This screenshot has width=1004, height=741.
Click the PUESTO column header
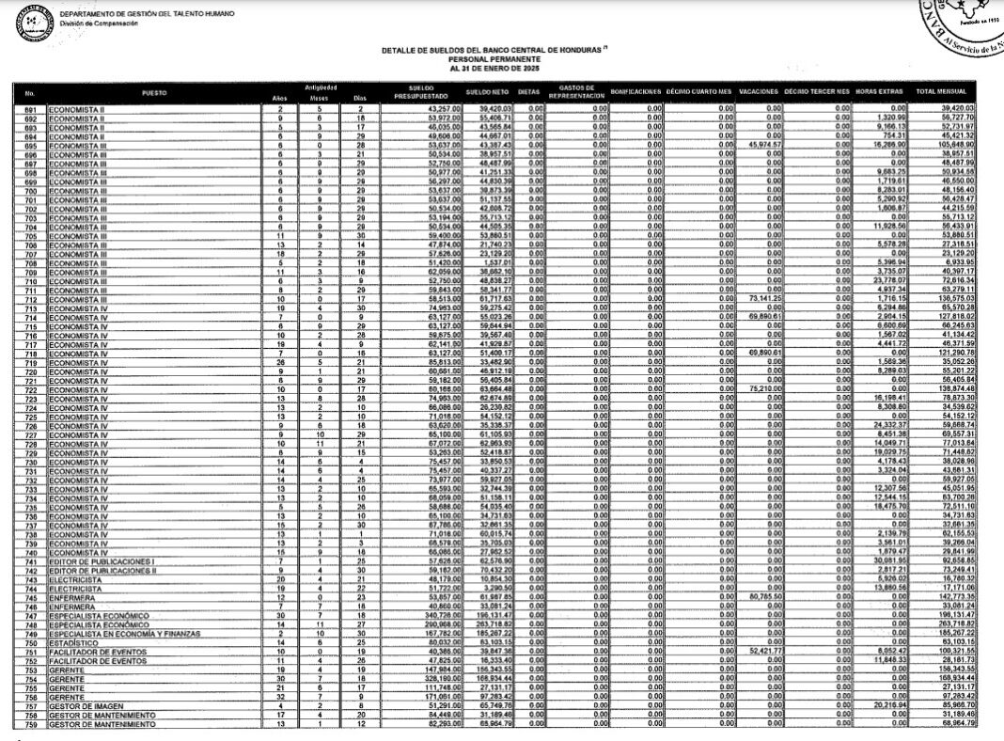pyautogui.click(x=154, y=93)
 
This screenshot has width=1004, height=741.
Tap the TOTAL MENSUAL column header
pyautogui.click(x=942, y=93)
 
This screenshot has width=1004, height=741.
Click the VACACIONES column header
pyautogui.click(x=760, y=93)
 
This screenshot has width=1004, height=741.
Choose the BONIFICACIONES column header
pyautogui.click(x=636, y=93)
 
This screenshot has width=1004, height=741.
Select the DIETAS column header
pyautogui.click(x=528, y=93)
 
